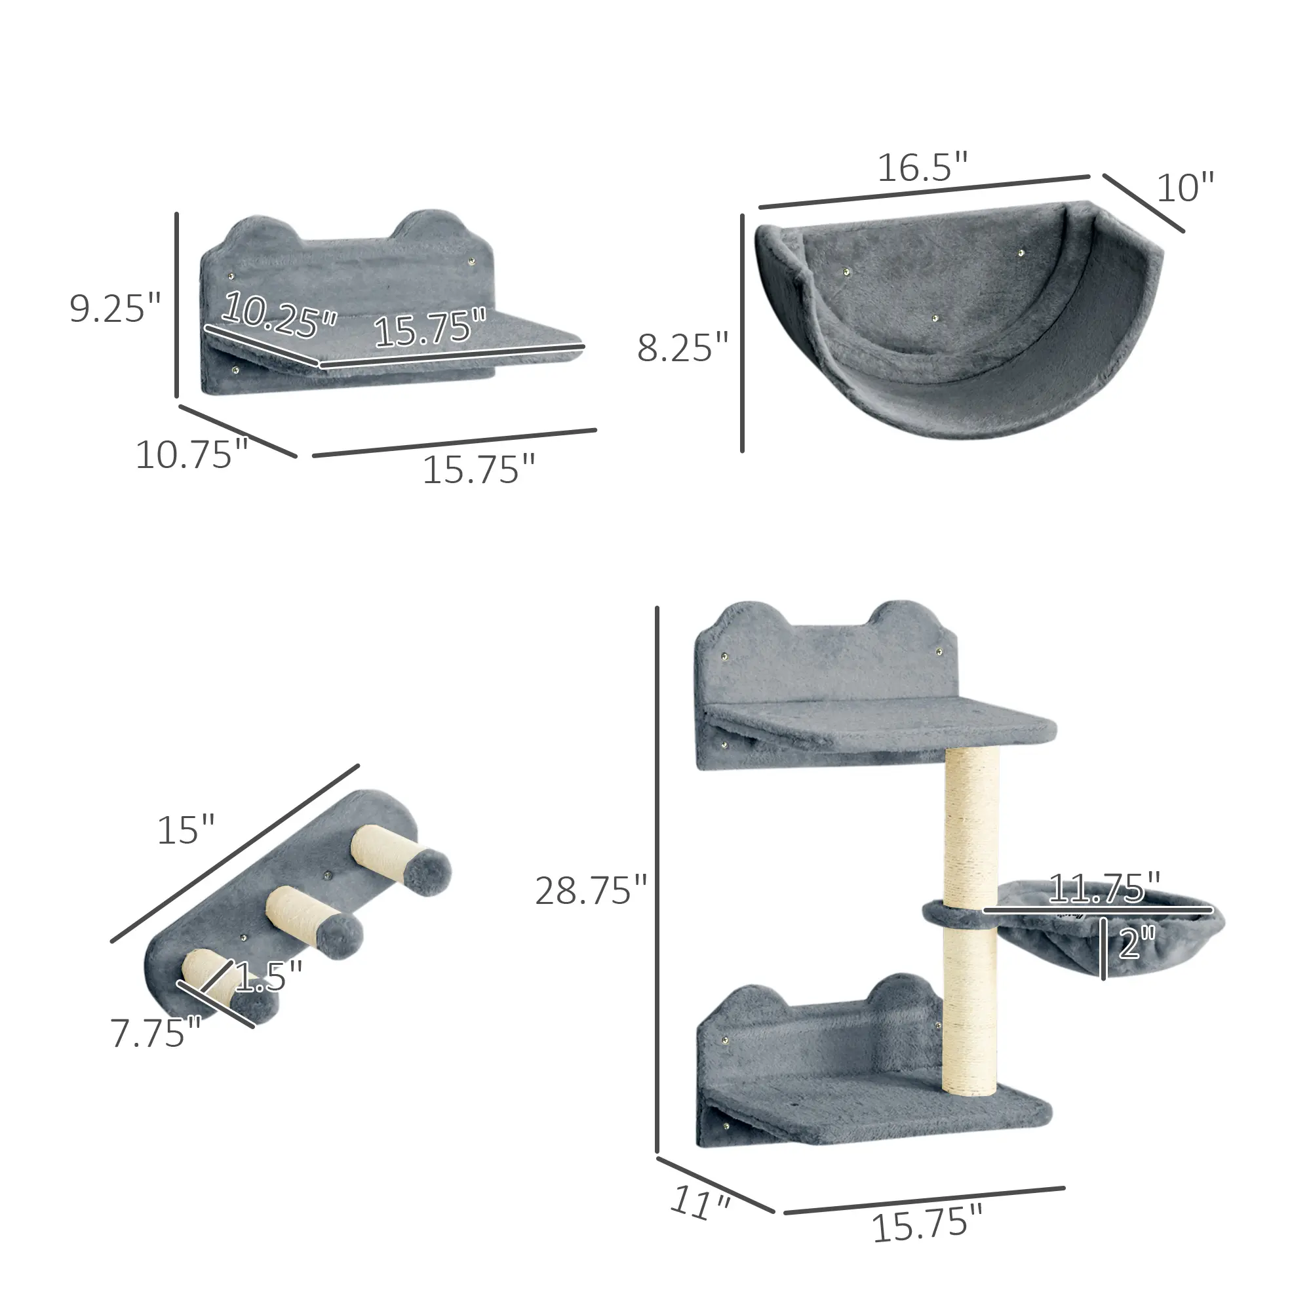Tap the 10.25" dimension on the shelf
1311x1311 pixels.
[279, 314]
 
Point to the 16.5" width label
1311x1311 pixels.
[922, 168]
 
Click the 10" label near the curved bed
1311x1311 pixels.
[1184, 188]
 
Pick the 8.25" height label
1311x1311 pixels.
[682, 347]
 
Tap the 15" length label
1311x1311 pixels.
[186, 830]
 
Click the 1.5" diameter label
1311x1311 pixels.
[268, 976]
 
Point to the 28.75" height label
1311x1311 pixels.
[591, 891]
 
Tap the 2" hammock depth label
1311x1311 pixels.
[1136, 943]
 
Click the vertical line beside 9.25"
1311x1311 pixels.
[176, 305]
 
